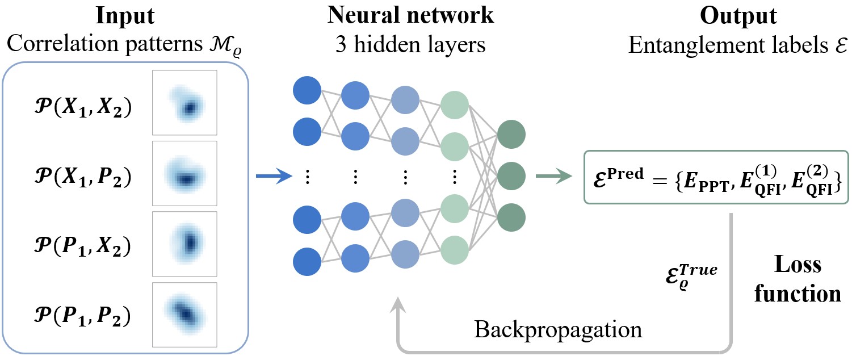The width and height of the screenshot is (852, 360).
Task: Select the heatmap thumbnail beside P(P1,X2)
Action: coord(184,244)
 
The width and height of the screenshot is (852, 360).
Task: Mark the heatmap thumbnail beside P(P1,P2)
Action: coord(184,315)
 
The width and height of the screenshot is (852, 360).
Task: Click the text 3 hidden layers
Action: coord(410,45)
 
